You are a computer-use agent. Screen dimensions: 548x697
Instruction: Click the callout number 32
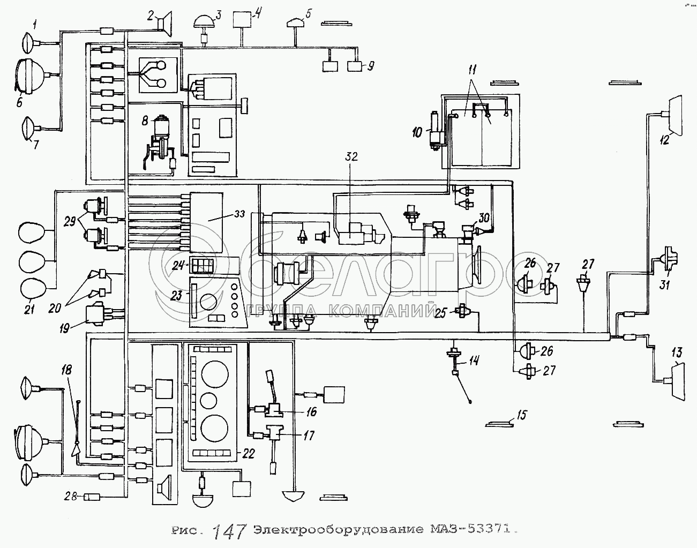pos(351,157)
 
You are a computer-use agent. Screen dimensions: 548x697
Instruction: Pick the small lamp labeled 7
pos(28,129)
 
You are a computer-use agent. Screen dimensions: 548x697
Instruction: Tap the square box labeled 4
pos(243,20)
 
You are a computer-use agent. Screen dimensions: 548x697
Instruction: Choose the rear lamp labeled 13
pos(676,380)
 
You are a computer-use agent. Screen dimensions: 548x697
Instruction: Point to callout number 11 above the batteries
pos(472,70)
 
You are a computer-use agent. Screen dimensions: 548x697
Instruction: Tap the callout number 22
pos(248,454)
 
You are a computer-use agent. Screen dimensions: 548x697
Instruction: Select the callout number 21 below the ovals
pos(29,309)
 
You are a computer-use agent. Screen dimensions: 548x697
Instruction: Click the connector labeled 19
pos(98,313)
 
